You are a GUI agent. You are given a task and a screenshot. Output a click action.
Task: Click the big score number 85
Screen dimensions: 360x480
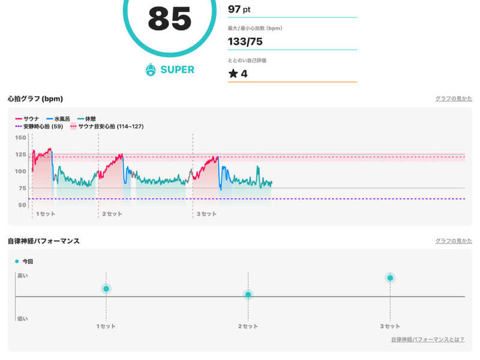(169, 19)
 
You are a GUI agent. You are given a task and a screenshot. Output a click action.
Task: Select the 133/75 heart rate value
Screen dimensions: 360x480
(245, 41)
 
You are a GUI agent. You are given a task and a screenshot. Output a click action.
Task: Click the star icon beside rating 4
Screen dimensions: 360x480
(233, 74)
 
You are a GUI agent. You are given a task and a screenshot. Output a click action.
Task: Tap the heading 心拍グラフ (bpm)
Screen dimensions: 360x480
(35, 98)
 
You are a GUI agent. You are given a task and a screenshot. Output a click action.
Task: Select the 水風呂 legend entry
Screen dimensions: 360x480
(63, 119)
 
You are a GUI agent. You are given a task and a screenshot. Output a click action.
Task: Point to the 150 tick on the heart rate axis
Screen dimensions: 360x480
(20, 138)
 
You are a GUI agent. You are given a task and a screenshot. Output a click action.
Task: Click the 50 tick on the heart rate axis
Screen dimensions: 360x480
(22, 205)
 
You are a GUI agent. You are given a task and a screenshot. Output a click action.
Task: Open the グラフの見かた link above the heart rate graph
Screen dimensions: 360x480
(454, 98)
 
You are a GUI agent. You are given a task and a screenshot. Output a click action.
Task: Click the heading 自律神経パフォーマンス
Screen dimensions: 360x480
(43, 241)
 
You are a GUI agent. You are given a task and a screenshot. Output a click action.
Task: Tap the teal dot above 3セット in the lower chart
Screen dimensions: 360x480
(390, 278)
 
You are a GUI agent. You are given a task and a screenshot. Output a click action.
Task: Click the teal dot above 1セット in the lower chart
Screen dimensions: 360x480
(106, 289)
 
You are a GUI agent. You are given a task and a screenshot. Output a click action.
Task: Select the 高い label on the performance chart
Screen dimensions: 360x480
(22, 275)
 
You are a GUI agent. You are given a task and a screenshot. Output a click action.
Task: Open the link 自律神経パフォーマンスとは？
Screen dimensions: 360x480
(427, 340)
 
